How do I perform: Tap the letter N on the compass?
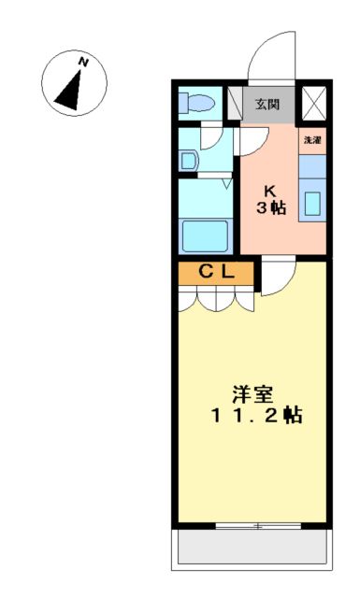click(x=84, y=62)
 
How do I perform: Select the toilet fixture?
click(x=194, y=103)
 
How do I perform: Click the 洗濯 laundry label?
click(x=312, y=140)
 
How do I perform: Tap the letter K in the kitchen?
click(x=269, y=187)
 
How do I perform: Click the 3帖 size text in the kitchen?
click(x=271, y=206)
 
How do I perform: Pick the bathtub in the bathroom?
click(x=209, y=235)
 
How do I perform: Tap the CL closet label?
click(x=216, y=272)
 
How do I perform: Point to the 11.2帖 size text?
click(x=254, y=416)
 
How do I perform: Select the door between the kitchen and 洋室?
click(x=277, y=277)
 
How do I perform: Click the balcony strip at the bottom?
click(x=252, y=548)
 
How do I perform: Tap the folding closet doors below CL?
click(x=216, y=299)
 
